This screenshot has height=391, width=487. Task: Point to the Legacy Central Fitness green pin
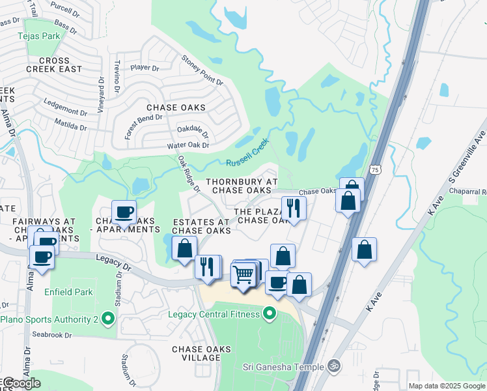(x=269, y=315)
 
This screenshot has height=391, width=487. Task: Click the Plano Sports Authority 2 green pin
(x=108, y=319)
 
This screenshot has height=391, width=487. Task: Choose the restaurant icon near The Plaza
(x=294, y=209)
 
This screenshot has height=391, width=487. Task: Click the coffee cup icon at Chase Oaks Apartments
(x=124, y=212)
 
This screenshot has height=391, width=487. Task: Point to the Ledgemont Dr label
(x=65, y=103)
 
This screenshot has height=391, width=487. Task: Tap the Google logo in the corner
(x=21, y=383)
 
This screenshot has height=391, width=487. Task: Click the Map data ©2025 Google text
(x=447, y=386)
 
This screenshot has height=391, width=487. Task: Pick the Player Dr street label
(x=145, y=68)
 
